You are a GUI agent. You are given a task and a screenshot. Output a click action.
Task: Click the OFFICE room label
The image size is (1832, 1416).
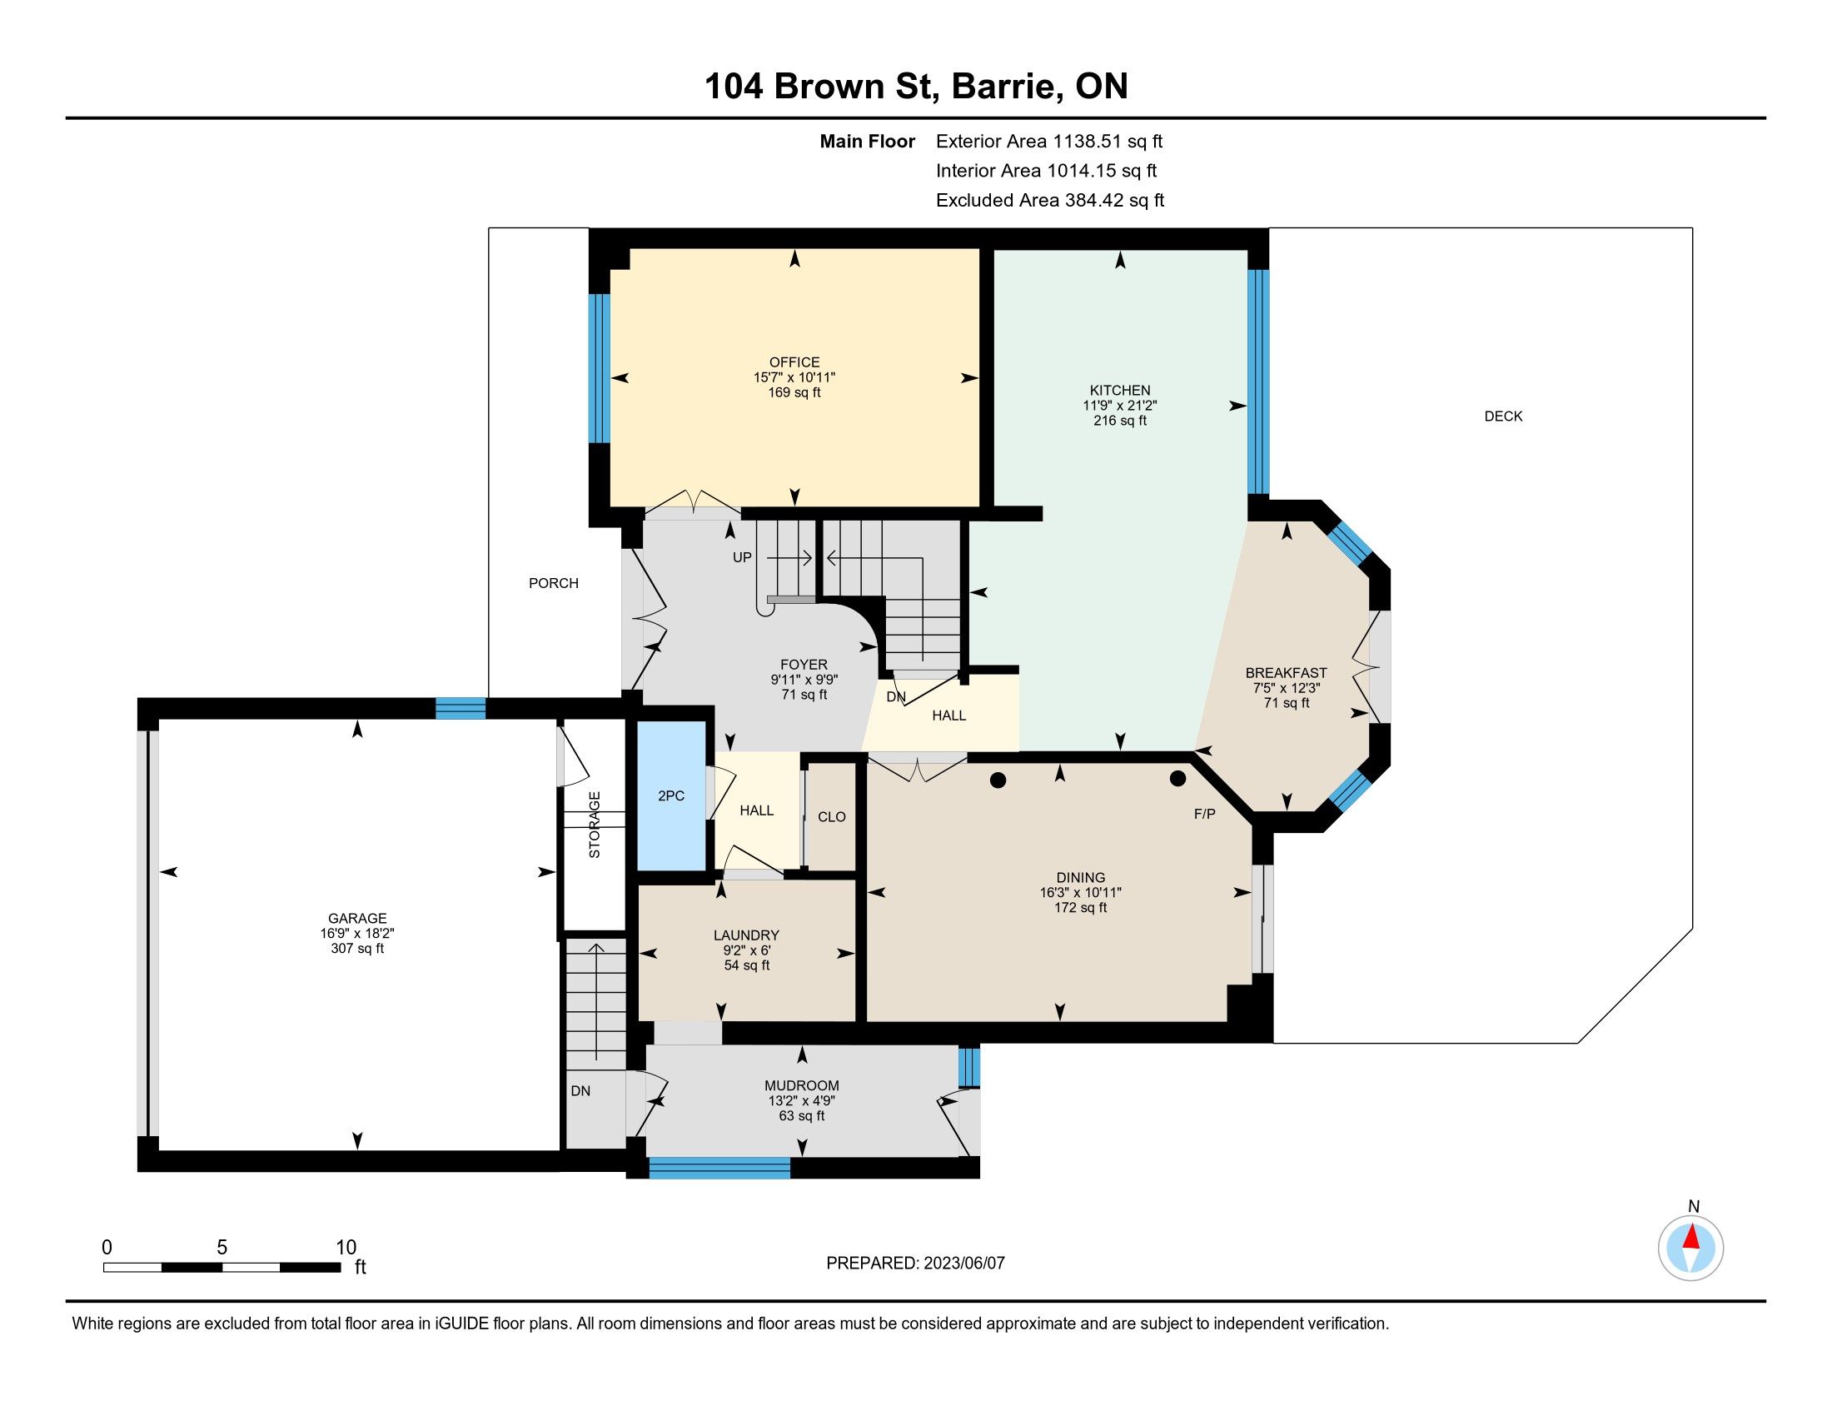point(794,362)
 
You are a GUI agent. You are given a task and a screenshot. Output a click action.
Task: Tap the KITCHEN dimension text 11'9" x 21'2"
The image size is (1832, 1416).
point(1120,405)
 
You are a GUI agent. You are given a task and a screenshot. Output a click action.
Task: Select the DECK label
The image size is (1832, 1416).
point(1503,416)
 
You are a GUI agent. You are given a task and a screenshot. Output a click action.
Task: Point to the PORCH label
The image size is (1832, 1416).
point(554,583)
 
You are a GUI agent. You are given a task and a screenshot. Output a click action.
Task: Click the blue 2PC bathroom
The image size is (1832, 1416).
point(671,795)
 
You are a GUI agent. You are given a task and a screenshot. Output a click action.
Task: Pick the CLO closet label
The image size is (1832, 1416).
point(832,817)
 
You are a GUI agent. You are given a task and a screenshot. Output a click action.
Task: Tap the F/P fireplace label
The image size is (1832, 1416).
point(1205,814)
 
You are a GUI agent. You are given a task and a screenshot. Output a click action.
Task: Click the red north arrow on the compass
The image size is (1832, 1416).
point(1691,1237)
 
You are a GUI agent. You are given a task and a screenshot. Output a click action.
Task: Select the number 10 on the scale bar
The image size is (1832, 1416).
point(346,1248)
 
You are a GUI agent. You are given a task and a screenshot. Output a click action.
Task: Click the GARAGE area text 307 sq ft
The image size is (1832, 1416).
point(357,948)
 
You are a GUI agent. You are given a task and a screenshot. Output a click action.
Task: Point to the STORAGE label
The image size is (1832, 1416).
point(595,825)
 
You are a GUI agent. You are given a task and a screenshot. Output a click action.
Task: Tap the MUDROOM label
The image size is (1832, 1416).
point(802,1085)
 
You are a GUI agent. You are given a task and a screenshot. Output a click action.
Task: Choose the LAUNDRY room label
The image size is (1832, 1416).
point(747,935)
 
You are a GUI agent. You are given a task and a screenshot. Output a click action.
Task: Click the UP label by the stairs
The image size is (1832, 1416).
point(742,557)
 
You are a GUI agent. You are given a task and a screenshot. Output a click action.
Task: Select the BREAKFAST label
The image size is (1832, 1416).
point(1286,673)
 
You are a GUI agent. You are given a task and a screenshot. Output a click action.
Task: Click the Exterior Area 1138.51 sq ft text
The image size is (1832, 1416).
point(1049,141)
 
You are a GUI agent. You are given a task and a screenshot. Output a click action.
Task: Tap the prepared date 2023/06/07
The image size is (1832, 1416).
point(963,1264)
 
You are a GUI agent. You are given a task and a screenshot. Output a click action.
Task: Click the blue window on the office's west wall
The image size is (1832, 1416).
point(599,368)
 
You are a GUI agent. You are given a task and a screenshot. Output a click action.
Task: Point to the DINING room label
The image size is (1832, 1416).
point(1080,877)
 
